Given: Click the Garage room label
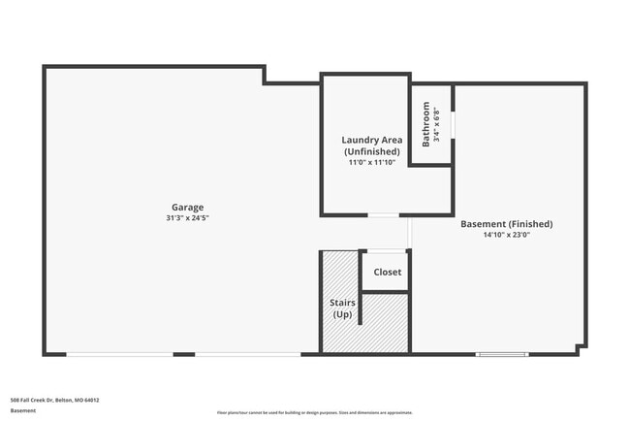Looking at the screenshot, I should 187,208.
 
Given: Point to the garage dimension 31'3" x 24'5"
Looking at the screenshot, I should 187,219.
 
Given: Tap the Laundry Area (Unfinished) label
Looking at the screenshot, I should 371,146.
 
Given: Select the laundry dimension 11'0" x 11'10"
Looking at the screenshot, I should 371,163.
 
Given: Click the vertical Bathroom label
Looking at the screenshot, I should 426,125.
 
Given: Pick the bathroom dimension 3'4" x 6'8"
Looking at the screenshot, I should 437,125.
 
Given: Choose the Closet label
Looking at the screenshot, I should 387,273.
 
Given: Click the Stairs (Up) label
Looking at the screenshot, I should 342,309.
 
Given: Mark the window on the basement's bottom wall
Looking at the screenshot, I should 501,354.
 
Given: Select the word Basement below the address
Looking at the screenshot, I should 23,411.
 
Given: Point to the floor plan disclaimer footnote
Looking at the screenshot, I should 314,412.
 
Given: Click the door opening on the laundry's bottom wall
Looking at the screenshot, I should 383,214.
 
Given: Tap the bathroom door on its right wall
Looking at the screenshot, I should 453,125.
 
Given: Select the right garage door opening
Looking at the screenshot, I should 248,354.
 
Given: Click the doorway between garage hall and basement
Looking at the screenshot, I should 411,233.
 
